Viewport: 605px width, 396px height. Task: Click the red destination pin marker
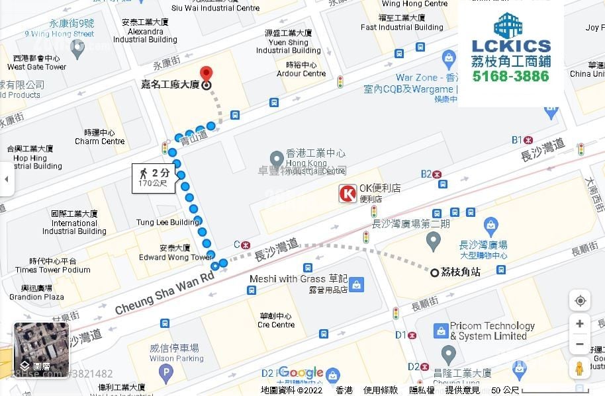coord(206,73)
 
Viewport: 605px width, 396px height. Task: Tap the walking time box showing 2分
coord(154,177)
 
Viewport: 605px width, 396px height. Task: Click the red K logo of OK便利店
coord(348,193)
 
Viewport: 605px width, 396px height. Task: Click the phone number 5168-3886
coord(510,76)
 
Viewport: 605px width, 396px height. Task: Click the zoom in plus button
coord(580,324)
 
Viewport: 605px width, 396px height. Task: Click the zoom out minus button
coord(580,344)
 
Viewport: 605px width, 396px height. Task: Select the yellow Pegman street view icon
coord(580,369)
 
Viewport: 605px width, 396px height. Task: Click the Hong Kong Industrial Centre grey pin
coord(277,159)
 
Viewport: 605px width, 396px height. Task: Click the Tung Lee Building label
coord(167,222)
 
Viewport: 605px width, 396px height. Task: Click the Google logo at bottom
coord(301,373)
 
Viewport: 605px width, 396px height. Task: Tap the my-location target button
coord(580,301)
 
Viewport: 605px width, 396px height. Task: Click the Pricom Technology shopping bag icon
coord(441,330)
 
